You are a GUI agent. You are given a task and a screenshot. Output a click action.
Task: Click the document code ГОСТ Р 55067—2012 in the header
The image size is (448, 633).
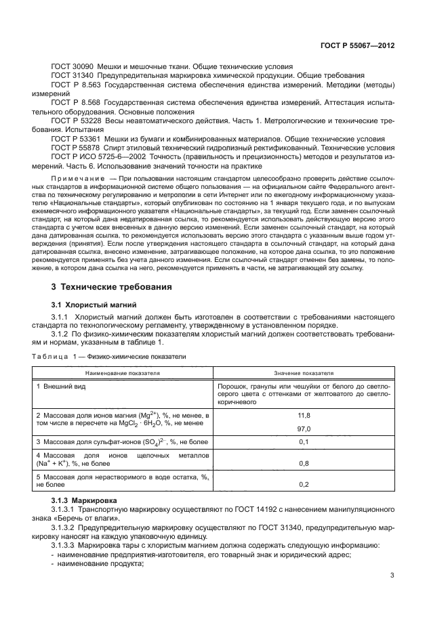357,46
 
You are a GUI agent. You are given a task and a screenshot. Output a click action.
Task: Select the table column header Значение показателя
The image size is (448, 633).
304,372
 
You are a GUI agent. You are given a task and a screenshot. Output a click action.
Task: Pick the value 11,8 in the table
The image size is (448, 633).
304,415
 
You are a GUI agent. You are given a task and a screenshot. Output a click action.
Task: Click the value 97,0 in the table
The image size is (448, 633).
304,429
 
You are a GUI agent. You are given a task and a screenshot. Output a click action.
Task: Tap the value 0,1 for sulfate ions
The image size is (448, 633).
304,442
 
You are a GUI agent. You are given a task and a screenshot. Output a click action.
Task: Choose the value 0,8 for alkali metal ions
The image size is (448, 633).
304,464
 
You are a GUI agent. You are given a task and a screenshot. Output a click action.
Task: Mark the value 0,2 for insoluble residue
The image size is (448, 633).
304,485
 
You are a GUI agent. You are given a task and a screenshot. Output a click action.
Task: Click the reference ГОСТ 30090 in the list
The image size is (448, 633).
73,66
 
